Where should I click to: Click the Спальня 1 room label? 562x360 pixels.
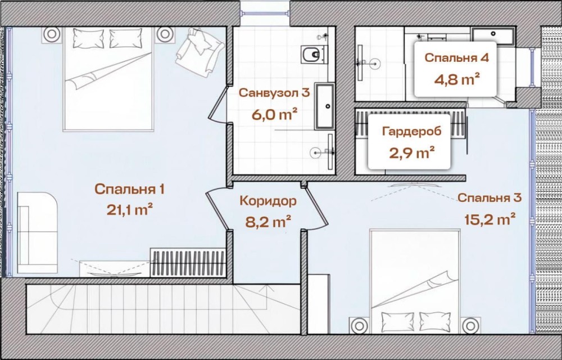(130, 190)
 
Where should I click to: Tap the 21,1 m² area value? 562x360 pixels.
(130, 209)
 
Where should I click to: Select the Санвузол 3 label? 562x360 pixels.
(274, 93)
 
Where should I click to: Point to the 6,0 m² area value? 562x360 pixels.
(274, 115)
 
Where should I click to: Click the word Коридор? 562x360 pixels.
(268, 201)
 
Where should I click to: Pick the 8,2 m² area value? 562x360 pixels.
(268, 222)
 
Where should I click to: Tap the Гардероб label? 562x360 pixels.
(412, 132)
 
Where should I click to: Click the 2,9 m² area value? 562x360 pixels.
(412, 153)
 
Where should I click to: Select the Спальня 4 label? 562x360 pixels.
(456, 58)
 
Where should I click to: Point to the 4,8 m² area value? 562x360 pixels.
(457, 79)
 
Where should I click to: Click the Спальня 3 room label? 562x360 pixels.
(490, 197)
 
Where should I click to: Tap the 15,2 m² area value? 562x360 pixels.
(490, 219)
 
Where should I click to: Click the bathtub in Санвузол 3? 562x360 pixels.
(325, 106)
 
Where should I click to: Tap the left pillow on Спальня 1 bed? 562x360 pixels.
(89, 38)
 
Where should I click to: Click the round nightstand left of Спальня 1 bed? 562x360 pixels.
(51, 34)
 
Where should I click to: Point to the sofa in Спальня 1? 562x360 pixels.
(37, 233)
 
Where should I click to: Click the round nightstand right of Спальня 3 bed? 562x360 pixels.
(470, 326)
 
